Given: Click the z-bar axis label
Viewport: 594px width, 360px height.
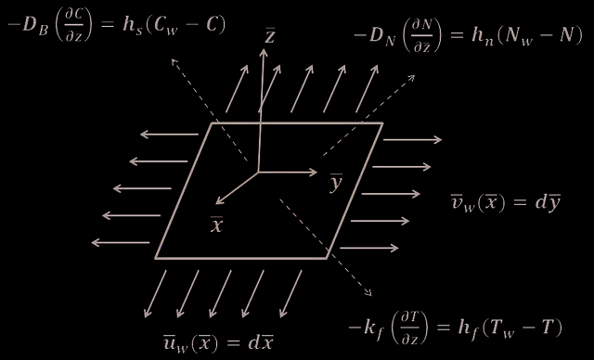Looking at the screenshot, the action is [269, 36].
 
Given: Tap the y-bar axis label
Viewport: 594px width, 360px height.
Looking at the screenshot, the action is [336, 183].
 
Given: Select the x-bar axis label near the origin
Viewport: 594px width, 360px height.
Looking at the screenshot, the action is [216, 225].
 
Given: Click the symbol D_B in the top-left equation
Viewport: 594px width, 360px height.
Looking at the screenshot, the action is [35, 27].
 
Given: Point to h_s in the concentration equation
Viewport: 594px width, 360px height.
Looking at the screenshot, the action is [133, 27].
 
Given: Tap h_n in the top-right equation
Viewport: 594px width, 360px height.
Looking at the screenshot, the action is [483, 37].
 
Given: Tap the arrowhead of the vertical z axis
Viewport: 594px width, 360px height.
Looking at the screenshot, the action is [264, 52].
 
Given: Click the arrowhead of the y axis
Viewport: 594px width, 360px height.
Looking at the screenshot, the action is [314, 173].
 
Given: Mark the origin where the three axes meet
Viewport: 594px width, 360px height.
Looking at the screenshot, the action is [258, 173].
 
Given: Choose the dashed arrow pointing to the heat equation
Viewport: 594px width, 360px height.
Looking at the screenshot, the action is [326, 247].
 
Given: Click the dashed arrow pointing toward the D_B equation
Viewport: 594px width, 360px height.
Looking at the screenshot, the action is [210, 109].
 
